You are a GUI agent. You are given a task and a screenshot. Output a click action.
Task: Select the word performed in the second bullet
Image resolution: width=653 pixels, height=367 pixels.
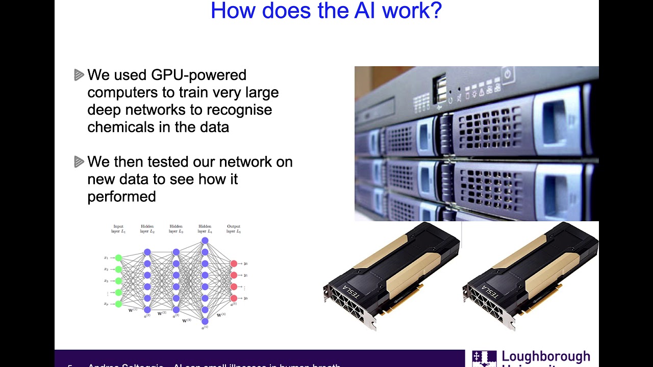121,196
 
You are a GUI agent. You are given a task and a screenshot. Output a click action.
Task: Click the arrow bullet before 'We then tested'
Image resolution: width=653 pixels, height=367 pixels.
79,162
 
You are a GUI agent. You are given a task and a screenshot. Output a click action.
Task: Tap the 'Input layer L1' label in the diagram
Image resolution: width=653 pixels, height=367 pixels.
118,229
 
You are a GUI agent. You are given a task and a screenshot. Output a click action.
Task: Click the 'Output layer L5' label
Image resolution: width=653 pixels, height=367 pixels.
234,229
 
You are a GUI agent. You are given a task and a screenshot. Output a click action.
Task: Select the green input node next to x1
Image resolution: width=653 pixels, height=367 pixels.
118,258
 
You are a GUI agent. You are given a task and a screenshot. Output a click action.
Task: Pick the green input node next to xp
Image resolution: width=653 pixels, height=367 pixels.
118,304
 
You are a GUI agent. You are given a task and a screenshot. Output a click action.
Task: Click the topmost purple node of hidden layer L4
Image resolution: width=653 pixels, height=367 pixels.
205,241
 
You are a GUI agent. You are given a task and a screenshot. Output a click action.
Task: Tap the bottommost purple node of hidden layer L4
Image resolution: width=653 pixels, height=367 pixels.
205,321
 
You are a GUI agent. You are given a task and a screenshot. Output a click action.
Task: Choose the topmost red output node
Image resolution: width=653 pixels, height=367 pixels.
234,264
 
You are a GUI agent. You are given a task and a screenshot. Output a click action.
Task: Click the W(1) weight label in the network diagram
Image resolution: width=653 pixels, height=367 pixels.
133,309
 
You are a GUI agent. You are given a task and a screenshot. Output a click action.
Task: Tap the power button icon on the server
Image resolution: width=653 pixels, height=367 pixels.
508,74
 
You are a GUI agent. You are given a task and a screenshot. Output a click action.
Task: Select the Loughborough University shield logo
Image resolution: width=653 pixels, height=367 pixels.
484,358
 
